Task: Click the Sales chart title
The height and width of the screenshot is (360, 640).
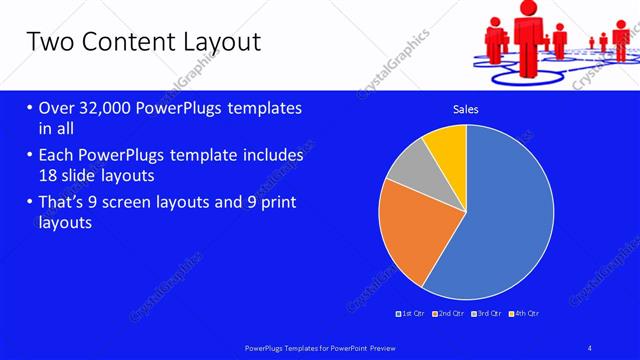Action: coord(466,108)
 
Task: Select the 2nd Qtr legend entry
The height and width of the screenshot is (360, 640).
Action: coord(449,314)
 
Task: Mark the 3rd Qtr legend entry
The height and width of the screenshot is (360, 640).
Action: coord(486,314)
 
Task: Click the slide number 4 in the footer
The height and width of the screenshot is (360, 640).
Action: coord(590,347)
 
